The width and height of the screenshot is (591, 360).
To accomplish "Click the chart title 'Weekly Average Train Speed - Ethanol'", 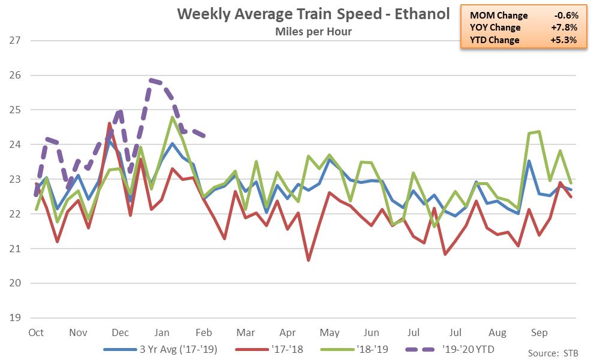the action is pyautogui.click(x=313, y=14).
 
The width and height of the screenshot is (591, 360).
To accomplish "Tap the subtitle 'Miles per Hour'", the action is pyautogui.click(x=313, y=32).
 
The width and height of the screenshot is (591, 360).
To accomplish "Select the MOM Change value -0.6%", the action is pyautogui.click(x=566, y=16).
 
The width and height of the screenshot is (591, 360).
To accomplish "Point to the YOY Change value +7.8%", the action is pyautogui.click(x=564, y=28).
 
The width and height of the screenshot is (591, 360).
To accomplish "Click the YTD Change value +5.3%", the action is pyautogui.click(x=564, y=40).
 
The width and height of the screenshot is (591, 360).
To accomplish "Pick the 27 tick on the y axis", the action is pyautogui.click(x=15, y=40).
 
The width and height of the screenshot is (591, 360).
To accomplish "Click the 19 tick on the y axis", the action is pyautogui.click(x=15, y=317).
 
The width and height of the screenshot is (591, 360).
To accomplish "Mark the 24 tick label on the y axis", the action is pyautogui.click(x=15, y=144).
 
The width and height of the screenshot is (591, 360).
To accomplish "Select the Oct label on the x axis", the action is pyautogui.click(x=36, y=332).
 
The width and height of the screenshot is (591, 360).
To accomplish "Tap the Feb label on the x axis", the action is pyautogui.click(x=204, y=332).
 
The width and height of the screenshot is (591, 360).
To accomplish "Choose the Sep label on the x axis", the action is pyautogui.click(x=539, y=333).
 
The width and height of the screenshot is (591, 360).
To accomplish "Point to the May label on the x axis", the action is pyautogui.click(x=330, y=333).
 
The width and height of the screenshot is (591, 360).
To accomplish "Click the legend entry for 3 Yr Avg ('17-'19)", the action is pyautogui.click(x=161, y=349).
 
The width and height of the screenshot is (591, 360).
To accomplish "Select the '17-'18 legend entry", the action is pyautogui.click(x=269, y=349).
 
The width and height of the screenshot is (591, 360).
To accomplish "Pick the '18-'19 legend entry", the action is pyautogui.click(x=354, y=349).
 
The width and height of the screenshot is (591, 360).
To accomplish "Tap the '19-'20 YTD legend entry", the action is pyautogui.click(x=450, y=349).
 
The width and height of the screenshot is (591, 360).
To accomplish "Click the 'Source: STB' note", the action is pyautogui.click(x=553, y=353).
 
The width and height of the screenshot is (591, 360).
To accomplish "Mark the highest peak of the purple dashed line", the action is pyautogui.click(x=151, y=80).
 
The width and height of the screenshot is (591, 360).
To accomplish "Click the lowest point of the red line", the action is pyautogui.click(x=309, y=260).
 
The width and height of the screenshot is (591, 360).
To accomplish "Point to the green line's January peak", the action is pyautogui.click(x=172, y=117).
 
